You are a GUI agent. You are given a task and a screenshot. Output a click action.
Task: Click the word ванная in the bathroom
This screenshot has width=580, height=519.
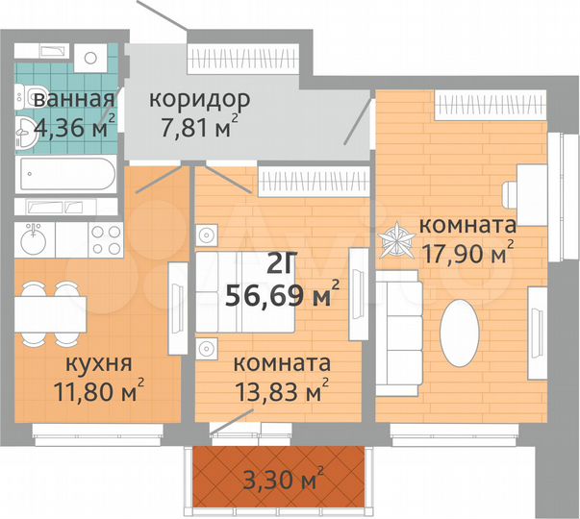[x=74, y=100]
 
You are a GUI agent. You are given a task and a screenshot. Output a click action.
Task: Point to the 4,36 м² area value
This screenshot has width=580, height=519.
[x=74, y=124]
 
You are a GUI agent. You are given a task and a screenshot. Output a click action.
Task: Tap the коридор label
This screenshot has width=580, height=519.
[x=199, y=99]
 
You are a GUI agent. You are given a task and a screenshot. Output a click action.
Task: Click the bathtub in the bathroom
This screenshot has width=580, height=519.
[x=67, y=177]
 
